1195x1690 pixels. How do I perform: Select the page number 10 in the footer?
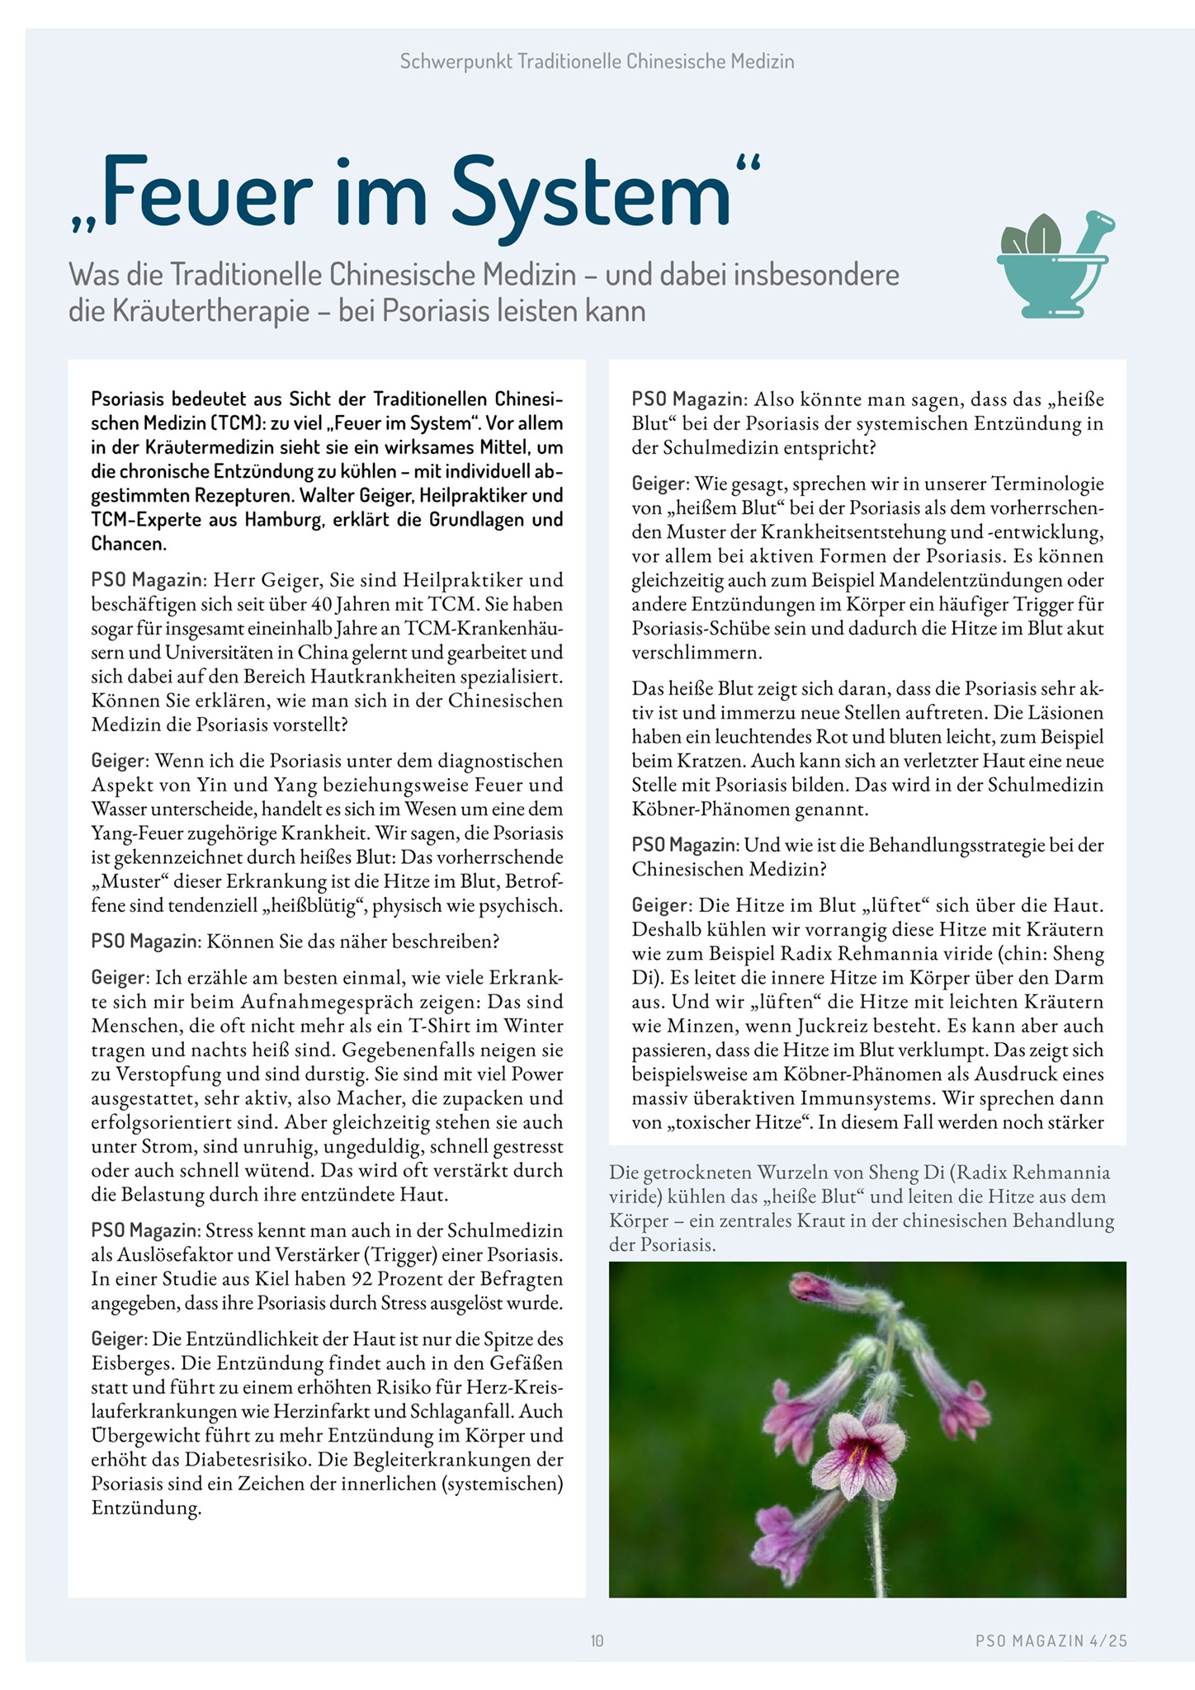click(597, 1641)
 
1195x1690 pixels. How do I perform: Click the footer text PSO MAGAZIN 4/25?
click(1051, 1641)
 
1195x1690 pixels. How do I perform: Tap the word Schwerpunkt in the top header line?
click(456, 61)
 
